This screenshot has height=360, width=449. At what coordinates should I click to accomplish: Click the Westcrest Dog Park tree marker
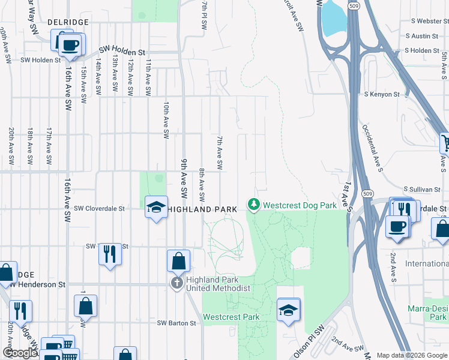[x=254, y=205]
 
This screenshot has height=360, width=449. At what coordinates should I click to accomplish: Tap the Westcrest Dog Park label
[x=300, y=205]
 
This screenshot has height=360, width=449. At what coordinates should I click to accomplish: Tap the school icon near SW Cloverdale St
[x=156, y=208]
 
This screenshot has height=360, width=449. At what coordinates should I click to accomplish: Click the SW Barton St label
[x=176, y=323]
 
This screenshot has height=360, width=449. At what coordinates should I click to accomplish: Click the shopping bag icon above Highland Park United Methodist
[x=179, y=260]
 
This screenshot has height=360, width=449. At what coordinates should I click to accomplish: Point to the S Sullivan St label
[x=422, y=189]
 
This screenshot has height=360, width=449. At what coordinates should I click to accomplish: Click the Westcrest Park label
[x=231, y=316]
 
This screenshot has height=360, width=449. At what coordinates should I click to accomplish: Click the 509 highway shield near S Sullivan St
[x=366, y=193]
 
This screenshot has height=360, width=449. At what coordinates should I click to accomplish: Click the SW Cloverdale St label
[x=99, y=208]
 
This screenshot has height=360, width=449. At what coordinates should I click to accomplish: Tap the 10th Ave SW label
[x=166, y=120]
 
